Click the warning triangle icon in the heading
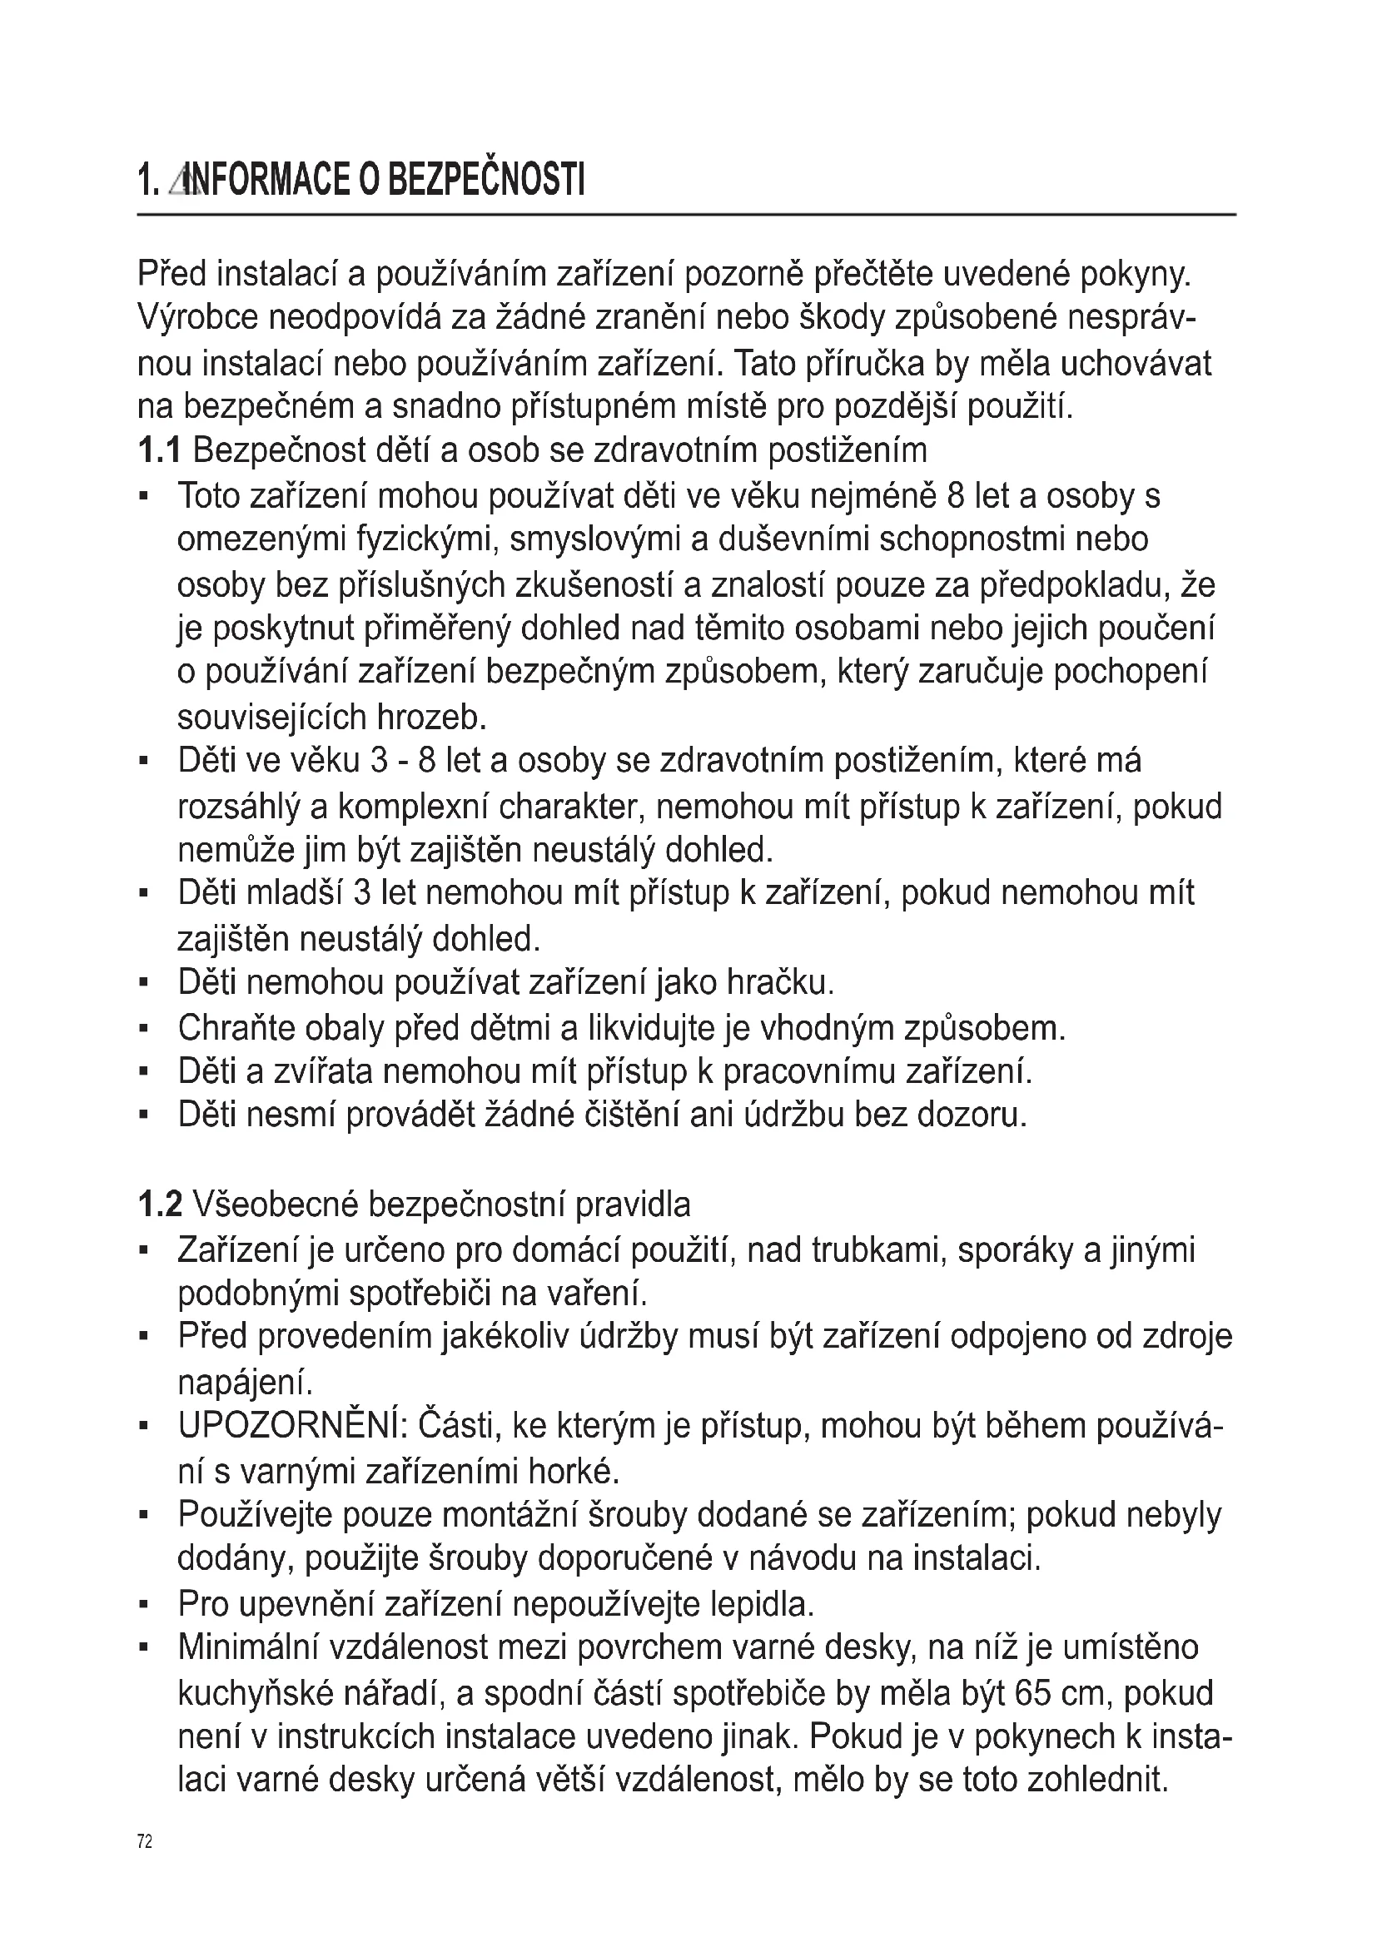tap(181, 181)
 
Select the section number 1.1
tap(158, 450)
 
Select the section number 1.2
tap(159, 1205)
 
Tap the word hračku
tap(780, 983)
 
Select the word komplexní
tap(413, 806)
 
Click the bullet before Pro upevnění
tap(143, 1605)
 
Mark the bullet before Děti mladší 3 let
tap(143, 894)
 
